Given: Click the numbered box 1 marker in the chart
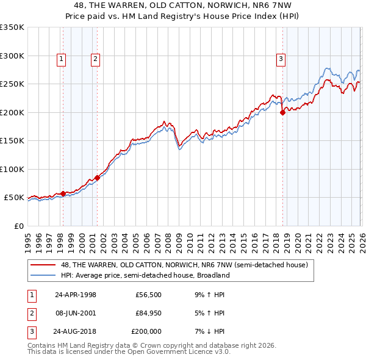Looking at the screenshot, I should coord(62,59).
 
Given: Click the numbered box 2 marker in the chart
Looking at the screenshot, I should coord(96,59).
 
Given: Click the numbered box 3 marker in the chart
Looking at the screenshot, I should coord(281,59).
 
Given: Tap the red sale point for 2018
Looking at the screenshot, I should coord(282,112).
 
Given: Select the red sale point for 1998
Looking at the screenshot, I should coord(63,193).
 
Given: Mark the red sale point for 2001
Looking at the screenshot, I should coord(97,178).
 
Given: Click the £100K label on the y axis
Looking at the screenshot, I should coord(12,169).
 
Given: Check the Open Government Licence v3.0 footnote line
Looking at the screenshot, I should coord(129,352).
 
